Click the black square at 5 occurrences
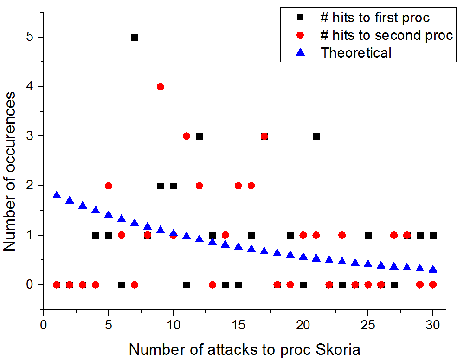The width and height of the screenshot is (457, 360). point(135,38)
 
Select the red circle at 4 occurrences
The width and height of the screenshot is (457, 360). point(161,87)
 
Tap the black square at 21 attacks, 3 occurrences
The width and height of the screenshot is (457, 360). point(316,136)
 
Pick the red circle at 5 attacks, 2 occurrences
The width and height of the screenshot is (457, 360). point(109,186)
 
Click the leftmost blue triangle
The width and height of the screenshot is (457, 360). point(57,195)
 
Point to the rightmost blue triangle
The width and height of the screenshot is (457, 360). point(433,269)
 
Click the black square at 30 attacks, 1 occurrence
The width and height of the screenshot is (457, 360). point(433,235)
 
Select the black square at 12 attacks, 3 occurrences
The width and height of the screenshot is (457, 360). point(200,136)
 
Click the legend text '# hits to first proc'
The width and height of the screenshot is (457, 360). point(375,18)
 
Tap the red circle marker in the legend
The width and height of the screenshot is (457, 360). point(300,35)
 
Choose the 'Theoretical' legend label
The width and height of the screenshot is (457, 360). point(356,52)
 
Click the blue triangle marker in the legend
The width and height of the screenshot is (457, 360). point(300,52)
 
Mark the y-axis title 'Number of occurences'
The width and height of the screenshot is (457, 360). point(10,172)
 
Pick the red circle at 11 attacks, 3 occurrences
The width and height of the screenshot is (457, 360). point(187,136)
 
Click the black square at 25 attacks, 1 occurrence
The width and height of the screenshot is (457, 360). point(368,235)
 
